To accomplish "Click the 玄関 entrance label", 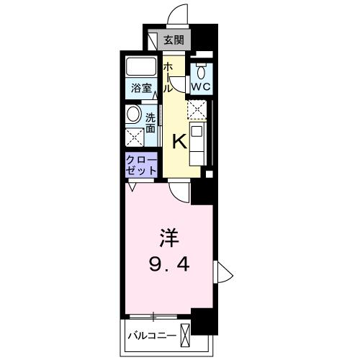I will click(x=173, y=40).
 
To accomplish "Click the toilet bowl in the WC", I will click(x=201, y=71).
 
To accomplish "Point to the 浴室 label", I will click(x=141, y=89).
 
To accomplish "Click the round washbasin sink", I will click(x=134, y=114).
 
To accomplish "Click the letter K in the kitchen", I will click(x=179, y=141).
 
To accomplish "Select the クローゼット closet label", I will click(x=142, y=163).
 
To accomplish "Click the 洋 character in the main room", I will click(x=167, y=235).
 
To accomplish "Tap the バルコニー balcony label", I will click(x=151, y=335).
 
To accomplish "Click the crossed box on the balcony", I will click(x=186, y=335).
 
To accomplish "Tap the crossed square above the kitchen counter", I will click(x=197, y=109).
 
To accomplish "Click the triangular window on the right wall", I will click(x=222, y=274).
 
